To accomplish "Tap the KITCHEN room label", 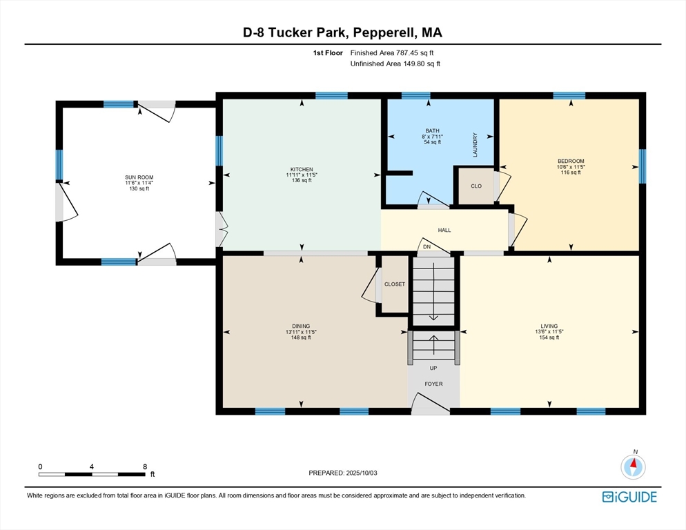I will click(x=302, y=170).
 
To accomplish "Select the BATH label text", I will click(x=433, y=130).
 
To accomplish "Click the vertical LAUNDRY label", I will click(x=475, y=145).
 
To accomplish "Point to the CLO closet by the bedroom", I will click(x=476, y=186).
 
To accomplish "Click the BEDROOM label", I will click(x=571, y=161).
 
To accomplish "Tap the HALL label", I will click(x=444, y=230).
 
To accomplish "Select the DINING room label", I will click(x=301, y=326).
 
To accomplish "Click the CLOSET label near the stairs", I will click(x=395, y=284).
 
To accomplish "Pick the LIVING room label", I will click(x=549, y=326).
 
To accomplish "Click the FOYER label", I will click(x=433, y=384).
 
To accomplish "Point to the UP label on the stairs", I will click(x=433, y=368).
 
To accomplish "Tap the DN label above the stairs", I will click(x=427, y=246).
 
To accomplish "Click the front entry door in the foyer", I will click(x=429, y=406).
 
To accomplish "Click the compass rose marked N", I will click(x=633, y=467).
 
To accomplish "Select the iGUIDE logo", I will click(x=629, y=497).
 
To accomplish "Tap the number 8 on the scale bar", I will click(x=144, y=467).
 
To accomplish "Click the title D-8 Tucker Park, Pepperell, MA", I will click(x=343, y=32).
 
